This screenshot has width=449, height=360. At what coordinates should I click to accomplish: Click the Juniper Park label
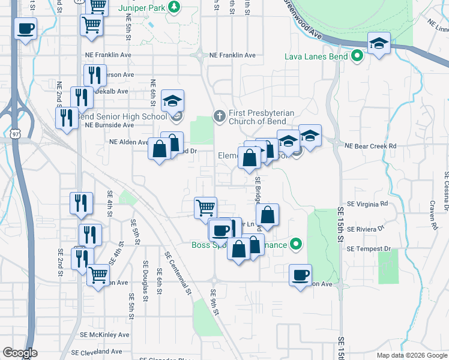142,7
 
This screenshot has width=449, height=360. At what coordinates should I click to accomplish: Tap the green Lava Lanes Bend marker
357,57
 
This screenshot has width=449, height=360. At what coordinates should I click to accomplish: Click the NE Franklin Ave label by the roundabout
232,55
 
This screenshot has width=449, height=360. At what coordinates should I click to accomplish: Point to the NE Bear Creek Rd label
370,146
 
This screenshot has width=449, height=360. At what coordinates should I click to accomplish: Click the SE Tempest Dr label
373,249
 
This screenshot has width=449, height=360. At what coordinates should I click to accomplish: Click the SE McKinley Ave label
105,334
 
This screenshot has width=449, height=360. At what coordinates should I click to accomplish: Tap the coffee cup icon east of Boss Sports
300,275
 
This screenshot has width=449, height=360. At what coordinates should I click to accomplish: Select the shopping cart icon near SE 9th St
205,208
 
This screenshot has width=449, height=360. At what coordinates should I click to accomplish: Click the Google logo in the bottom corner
19,353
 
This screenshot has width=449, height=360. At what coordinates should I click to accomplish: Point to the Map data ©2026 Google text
411,355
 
